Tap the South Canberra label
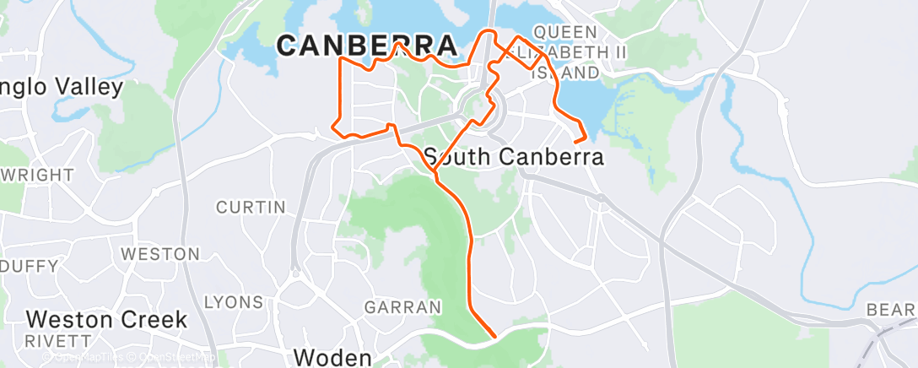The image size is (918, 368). click(x=514, y=157)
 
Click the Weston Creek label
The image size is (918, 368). click(x=106, y=320)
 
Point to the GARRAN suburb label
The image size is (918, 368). click(x=402, y=306)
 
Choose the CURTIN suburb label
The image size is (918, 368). click(x=251, y=207)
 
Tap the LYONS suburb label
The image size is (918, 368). click(x=234, y=302)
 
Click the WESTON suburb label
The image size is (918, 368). click(x=160, y=254)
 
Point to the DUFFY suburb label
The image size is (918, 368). click(x=30, y=267)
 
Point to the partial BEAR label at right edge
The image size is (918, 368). click(x=891, y=311)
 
